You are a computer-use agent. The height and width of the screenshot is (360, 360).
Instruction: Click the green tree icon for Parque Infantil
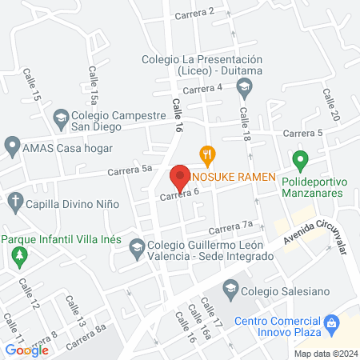19,257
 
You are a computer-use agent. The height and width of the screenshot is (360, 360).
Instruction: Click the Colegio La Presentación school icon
244,86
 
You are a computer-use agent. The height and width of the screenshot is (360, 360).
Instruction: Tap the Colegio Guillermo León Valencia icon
137,248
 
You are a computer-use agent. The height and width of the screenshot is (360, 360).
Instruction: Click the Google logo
26,350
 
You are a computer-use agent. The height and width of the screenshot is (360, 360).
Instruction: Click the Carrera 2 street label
199,12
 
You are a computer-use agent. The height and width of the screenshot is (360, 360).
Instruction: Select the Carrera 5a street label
132,170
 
